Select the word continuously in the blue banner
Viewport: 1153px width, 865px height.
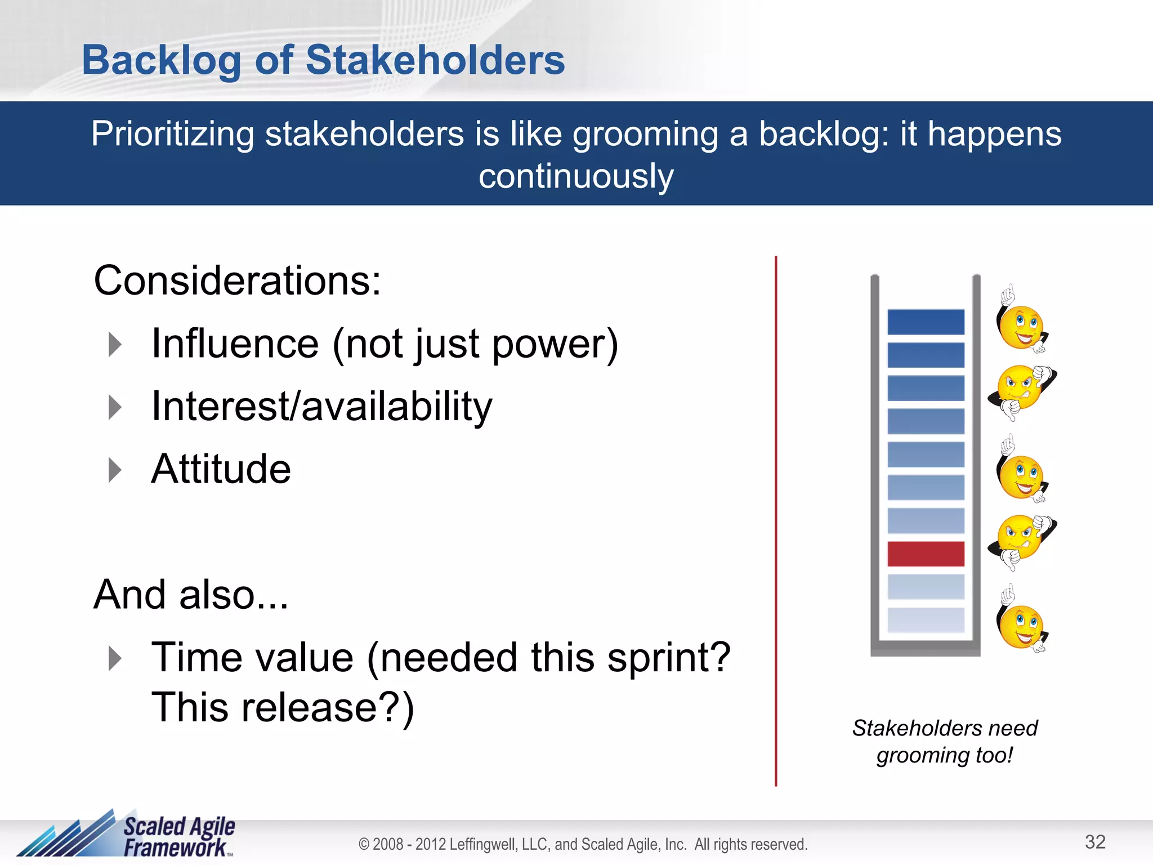click(576, 176)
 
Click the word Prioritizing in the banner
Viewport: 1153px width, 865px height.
click(173, 135)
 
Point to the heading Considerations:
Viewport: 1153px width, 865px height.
click(237, 280)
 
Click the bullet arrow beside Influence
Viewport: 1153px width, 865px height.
click(115, 344)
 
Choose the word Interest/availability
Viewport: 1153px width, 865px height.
click(321, 406)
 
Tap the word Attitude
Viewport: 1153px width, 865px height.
click(221, 469)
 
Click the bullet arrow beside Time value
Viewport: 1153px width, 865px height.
click(115, 658)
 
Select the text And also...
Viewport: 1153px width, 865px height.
click(191, 595)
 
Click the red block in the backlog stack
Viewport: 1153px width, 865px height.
click(926, 554)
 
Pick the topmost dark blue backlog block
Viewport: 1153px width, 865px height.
click(926, 322)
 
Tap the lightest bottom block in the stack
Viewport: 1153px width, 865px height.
click(926, 619)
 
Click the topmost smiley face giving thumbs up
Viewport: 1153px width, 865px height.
click(1021, 327)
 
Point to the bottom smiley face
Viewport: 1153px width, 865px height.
click(1021, 626)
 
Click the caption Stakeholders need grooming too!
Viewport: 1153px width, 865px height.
click(945, 741)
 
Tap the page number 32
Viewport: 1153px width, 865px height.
click(1095, 842)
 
